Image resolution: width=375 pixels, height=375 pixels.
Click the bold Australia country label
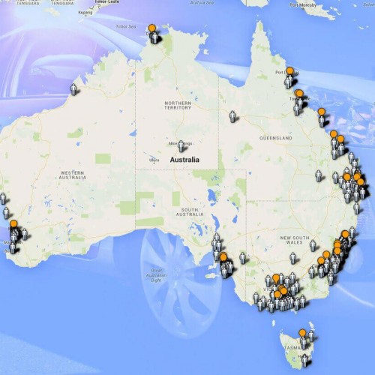[184, 160]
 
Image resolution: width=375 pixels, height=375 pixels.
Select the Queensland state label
[277, 139]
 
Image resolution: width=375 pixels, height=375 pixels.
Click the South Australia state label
[178, 211]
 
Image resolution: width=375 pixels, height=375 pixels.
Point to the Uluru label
[154, 159]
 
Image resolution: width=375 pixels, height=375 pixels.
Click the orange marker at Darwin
[152, 29]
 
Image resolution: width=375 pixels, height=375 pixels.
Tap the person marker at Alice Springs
[181, 145]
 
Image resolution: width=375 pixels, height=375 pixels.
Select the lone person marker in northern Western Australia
[73, 88]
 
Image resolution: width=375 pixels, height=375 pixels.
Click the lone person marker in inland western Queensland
[232, 116]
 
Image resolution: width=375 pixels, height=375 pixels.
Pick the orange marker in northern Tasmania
[302, 333]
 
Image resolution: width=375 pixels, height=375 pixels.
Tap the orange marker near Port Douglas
[290, 72]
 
